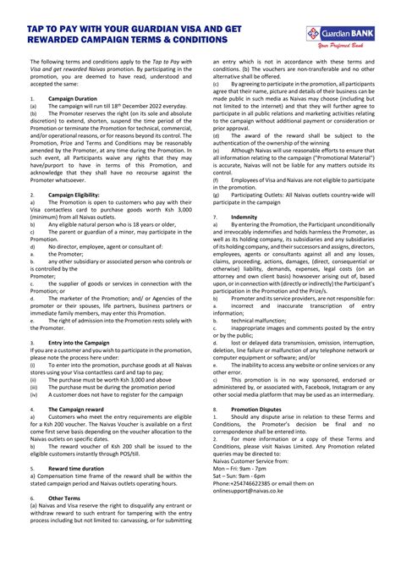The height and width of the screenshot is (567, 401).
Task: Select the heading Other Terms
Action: [x=66, y=498]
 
